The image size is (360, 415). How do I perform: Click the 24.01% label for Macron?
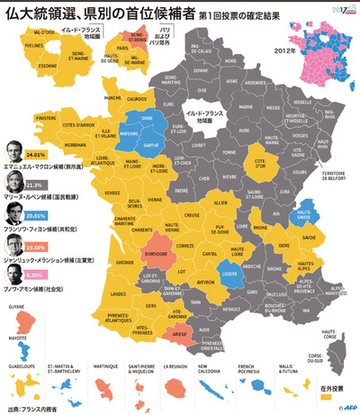tap(36, 156)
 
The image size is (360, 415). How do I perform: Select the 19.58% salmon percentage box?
tap(35, 246)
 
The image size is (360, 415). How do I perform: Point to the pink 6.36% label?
tap(35, 275)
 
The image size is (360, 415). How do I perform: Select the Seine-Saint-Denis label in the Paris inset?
tap(117, 39)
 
